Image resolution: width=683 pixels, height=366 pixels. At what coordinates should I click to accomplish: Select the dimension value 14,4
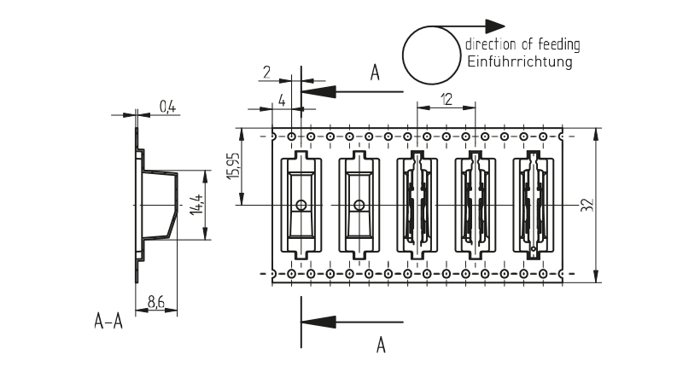pyautogui.click(x=196, y=205)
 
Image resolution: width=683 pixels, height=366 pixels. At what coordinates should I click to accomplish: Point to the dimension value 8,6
pyautogui.click(x=156, y=300)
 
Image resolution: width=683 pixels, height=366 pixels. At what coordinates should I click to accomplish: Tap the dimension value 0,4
pyautogui.click(x=167, y=107)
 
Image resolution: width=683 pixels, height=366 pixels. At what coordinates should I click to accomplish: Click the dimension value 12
pyautogui.click(x=446, y=99)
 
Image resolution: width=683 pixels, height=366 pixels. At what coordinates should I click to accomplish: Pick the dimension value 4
pyautogui.click(x=281, y=100)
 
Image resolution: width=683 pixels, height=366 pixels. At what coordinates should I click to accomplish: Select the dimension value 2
pyautogui.click(x=267, y=73)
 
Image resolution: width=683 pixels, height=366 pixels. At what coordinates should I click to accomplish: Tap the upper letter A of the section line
pyautogui.click(x=375, y=73)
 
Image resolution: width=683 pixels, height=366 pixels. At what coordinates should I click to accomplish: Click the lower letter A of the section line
pyautogui.click(x=381, y=344)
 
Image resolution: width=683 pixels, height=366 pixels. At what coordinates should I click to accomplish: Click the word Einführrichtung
pyautogui.click(x=519, y=62)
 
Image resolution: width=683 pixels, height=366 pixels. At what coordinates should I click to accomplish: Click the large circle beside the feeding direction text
pyautogui.click(x=430, y=55)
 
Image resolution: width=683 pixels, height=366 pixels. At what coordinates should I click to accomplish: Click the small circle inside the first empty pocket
pyautogui.click(x=301, y=205)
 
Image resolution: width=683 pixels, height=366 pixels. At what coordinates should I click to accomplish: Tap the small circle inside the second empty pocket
pyautogui.click(x=359, y=205)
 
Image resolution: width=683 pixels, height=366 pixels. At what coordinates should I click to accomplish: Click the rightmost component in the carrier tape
pyautogui.click(x=533, y=206)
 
